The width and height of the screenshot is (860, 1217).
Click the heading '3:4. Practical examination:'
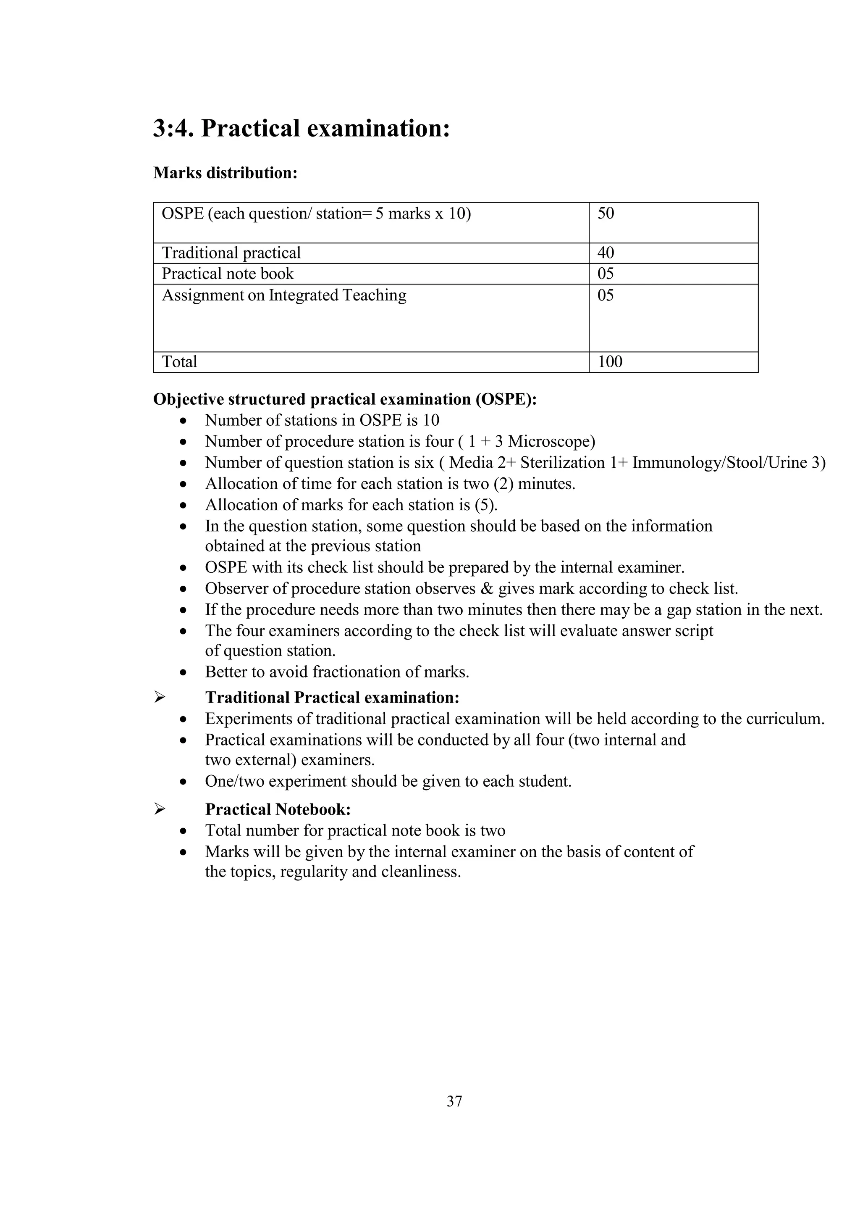tap(302, 129)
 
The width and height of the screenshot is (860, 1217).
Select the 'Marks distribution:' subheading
tap(225, 173)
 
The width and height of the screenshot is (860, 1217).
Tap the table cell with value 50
tap(606, 213)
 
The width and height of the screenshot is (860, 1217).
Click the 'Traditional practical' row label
tap(231, 253)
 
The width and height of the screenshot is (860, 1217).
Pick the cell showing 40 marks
tap(606, 253)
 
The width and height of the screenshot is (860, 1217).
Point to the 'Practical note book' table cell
tap(227, 274)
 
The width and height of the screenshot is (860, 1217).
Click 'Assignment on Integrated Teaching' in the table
tap(284, 295)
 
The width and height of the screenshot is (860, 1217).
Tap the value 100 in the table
tap(610, 362)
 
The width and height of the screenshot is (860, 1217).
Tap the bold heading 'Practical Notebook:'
tap(278, 809)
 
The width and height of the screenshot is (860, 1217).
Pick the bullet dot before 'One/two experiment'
tap(183, 782)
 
